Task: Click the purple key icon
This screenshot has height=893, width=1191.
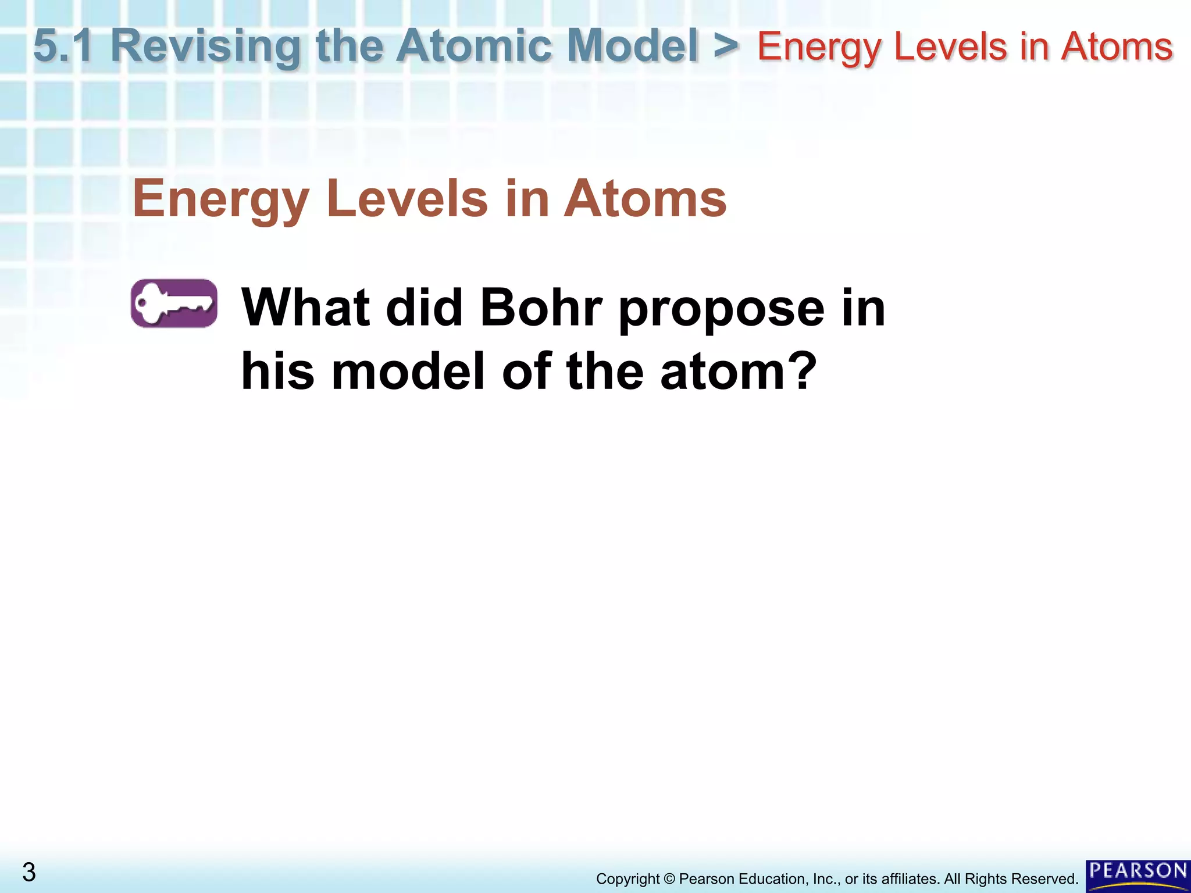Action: (x=174, y=303)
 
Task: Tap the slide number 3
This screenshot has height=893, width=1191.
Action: (x=29, y=872)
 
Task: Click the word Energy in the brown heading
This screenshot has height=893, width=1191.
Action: (x=221, y=199)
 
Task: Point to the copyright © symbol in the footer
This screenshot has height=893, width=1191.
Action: (x=669, y=878)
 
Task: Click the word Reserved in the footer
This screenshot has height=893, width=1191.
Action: (x=1045, y=878)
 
